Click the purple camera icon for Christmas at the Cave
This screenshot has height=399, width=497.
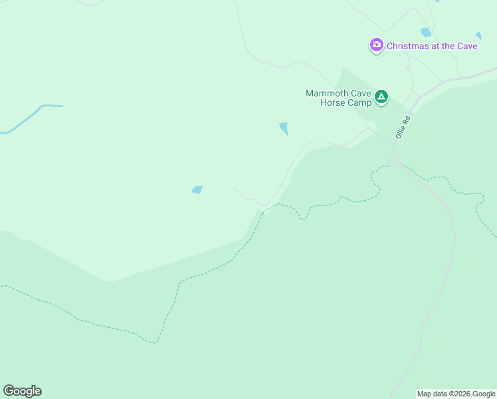(377, 45)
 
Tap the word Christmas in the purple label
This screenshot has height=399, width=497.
(407, 46)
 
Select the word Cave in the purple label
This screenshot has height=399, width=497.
(467, 46)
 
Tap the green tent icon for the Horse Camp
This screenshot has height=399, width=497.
(381, 97)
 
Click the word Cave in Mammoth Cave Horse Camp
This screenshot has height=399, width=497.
(359, 93)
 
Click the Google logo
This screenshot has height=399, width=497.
(22, 391)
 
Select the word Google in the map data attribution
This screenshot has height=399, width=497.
(482, 394)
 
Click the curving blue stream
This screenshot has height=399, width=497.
(27, 118)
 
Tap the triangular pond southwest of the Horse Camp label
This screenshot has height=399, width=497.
(284, 128)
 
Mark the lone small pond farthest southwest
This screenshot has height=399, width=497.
(197, 190)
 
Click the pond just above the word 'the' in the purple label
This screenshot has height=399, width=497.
(426, 32)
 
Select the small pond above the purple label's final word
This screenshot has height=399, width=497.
(478, 35)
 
